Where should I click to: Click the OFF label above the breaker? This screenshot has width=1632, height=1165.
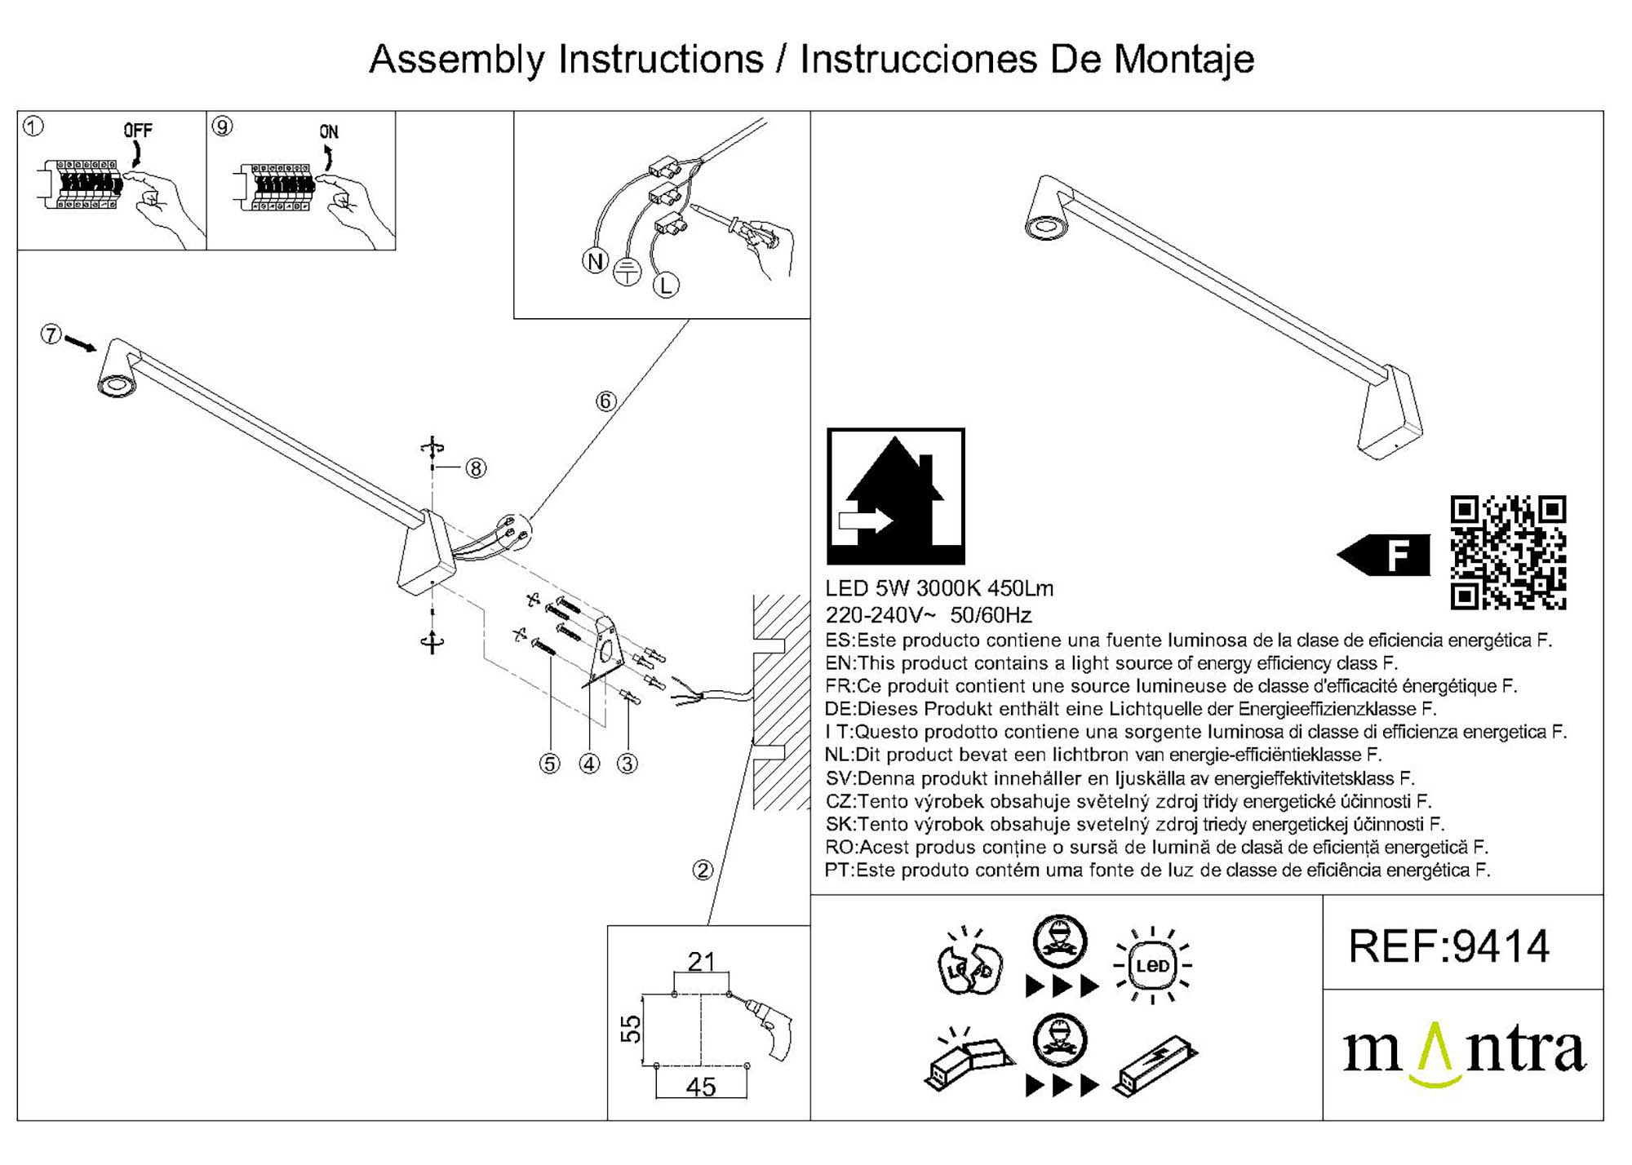[138, 131]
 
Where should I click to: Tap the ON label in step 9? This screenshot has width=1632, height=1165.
[328, 132]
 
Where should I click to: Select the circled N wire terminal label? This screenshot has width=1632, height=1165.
[595, 261]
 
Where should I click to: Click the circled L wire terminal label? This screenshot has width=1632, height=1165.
[666, 286]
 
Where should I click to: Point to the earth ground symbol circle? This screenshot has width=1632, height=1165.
[627, 272]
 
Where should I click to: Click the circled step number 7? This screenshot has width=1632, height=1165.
[51, 334]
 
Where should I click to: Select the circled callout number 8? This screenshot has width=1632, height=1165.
[476, 468]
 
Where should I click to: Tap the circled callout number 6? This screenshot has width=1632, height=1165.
[605, 401]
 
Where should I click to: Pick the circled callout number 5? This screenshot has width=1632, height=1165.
[550, 764]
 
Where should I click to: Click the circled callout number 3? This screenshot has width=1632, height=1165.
[627, 764]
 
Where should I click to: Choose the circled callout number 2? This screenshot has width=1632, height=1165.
[703, 870]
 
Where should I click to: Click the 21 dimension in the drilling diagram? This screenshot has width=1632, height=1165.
[701, 962]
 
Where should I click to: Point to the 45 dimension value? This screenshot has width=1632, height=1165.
[701, 1087]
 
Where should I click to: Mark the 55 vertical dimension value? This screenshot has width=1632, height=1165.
[631, 1029]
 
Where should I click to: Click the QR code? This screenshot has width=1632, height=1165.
[1508, 552]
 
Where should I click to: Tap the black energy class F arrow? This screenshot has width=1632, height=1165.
[1385, 555]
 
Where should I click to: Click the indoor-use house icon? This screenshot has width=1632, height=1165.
[895, 496]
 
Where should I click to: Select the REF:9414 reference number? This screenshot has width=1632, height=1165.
[1449, 946]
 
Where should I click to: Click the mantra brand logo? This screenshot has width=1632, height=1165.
[1464, 1052]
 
